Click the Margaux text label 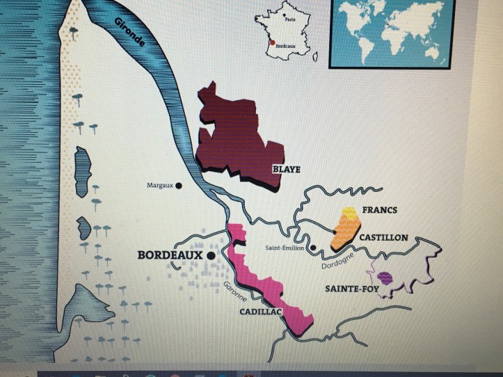click(159, 186)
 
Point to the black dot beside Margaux click(179, 186)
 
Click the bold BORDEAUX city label click(170, 255)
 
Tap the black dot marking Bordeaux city click(210, 255)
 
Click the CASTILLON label click(383, 238)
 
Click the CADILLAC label click(260, 312)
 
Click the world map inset click(393, 31)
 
